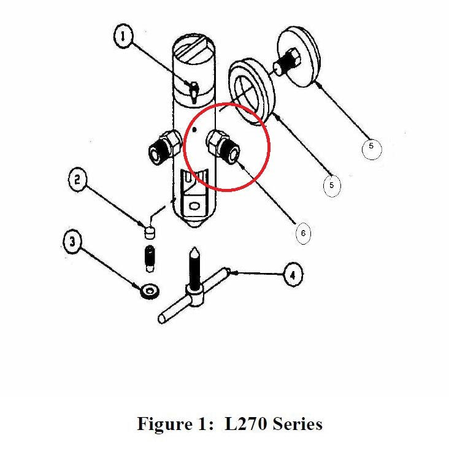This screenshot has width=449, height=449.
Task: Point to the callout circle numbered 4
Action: (292, 275)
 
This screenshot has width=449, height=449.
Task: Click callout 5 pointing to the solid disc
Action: (370, 148)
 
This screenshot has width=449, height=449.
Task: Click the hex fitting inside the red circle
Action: (223, 145)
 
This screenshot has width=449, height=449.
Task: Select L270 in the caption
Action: (244, 424)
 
